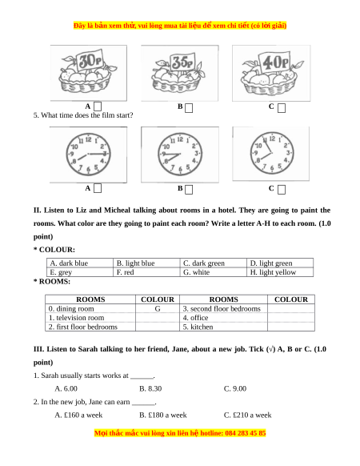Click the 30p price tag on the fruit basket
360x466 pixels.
point(90,61)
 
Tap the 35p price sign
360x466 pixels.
point(182,62)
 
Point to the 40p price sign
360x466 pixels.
point(274,62)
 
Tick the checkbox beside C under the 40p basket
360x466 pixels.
point(282,108)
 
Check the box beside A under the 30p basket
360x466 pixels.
point(98,106)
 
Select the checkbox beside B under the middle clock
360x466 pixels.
point(189,190)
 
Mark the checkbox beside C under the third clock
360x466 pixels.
point(282,190)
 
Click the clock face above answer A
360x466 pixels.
point(88,155)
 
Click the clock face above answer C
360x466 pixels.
point(272,153)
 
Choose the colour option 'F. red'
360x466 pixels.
point(146,272)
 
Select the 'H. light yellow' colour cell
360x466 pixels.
point(280,272)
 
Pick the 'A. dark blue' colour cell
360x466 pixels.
point(80,263)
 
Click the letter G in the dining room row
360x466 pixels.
point(158,309)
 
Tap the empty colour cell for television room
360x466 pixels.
point(158,318)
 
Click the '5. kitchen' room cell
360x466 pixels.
point(223,327)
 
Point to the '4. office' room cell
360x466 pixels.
point(223,318)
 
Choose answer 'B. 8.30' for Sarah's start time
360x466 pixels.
point(150,388)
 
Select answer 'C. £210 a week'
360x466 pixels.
point(247,416)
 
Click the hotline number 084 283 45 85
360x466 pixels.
point(246,433)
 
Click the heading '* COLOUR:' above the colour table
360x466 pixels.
point(54,250)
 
